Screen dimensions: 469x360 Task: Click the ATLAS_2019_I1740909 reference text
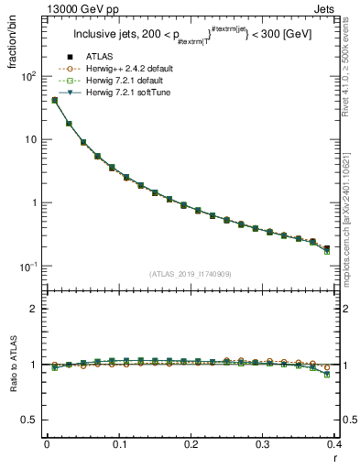(x=191, y=273)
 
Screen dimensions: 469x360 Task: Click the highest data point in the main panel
(x=55, y=100)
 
